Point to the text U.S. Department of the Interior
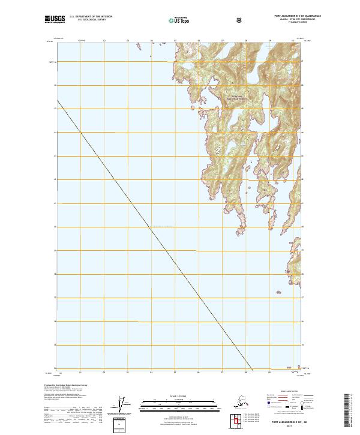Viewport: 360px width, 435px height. (x=89, y=19)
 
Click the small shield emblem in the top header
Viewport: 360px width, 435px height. (x=239, y=21)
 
